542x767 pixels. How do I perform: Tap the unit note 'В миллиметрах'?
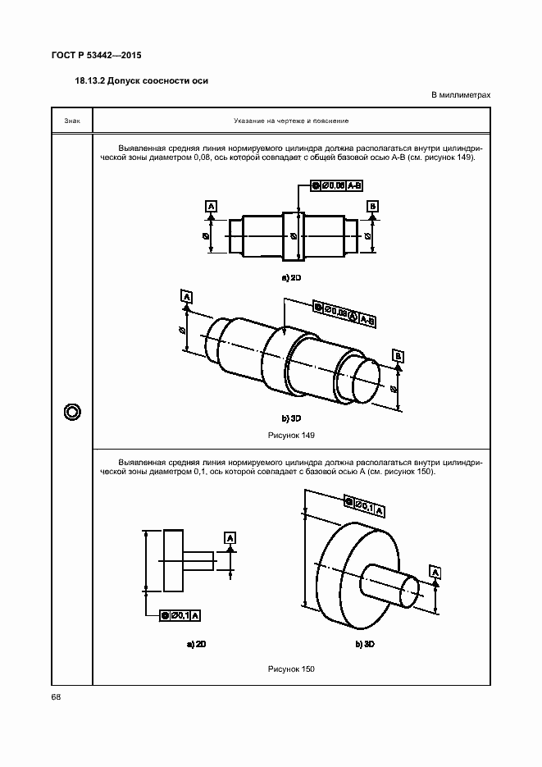click(x=461, y=95)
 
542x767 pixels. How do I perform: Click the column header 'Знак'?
click(x=71, y=121)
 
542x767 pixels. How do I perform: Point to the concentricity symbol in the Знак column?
click(x=71, y=411)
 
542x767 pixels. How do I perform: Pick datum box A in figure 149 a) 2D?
click(x=211, y=205)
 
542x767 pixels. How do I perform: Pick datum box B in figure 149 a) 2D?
click(x=373, y=205)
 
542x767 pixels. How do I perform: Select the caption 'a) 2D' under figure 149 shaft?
click(x=292, y=278)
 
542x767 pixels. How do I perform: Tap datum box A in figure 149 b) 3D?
click(x=187, y=295)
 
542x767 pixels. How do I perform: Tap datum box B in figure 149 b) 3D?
click(x=398, y=355)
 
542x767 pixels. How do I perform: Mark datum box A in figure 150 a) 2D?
click(x=230, y=537)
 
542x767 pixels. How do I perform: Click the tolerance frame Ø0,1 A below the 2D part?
click(x=181, y=614)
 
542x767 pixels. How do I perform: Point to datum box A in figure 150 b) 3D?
click(x=435, y=572)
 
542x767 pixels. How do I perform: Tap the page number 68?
click(x=56, y=697)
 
